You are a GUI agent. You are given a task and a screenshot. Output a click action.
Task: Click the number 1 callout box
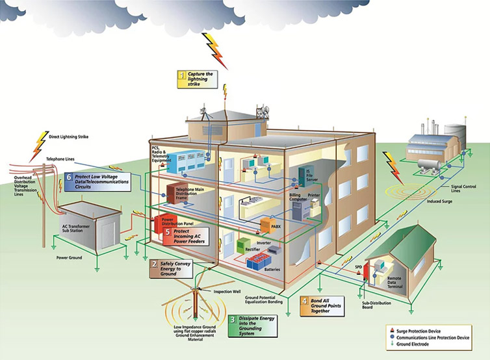(x=198, y=79)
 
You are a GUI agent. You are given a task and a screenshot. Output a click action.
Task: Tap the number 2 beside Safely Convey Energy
(x=155, y=264)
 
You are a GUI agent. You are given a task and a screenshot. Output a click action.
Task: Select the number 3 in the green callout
(x=233, y=320)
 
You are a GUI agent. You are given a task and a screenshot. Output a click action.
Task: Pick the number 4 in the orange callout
(x=305, y=301)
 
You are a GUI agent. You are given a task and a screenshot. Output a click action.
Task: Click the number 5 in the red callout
(x=168, y=232)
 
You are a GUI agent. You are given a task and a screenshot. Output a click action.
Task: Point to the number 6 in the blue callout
(x=70, y=177)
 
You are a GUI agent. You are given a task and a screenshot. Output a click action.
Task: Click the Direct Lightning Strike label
(x=68, y=136)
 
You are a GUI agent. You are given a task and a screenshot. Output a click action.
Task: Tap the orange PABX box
(x=268, y=225)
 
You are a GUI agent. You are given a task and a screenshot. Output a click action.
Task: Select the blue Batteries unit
(x=259, y=261)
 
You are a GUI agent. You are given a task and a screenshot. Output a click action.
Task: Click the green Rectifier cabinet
(x=242, y=245)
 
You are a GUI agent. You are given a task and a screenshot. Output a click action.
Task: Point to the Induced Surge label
(x=439, y=201)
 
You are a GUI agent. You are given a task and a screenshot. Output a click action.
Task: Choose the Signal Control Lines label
(x=463, y=188)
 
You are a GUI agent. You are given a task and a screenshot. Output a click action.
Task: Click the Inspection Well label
(x=227, y=292)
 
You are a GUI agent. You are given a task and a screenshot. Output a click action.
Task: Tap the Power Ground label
(x=69, y=258)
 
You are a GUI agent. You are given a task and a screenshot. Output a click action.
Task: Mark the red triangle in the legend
(x=392, y=331)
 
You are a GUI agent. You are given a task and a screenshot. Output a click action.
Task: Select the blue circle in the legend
(x=392, y=337)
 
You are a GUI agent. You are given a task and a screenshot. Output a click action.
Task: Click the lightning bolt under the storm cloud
(x=214, y=51)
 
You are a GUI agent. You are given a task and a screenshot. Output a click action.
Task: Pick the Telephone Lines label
(x=60, y=159)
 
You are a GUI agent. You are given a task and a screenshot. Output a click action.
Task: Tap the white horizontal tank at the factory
(x=430, y=165)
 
